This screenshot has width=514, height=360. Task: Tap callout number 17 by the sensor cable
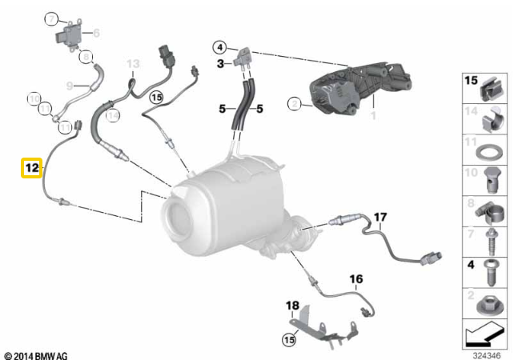379,217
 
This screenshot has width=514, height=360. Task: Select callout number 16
356,278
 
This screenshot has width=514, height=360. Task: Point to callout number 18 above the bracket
292,305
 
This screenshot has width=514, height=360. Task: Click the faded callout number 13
133,63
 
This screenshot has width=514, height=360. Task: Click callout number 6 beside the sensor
96,33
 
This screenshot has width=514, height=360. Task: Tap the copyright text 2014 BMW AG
36,354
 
